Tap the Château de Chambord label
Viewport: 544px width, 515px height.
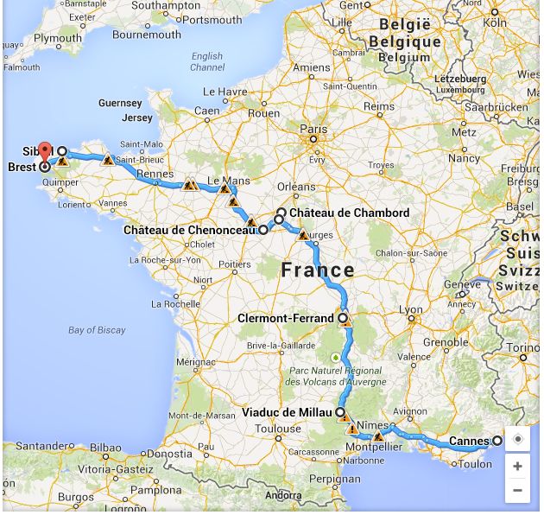click(x=349, y=213)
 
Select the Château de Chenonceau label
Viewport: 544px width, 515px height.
click(x=189, y=231)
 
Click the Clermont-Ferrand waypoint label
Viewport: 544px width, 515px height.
click(x=285, y=319)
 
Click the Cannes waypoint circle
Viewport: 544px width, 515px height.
click(x=497, y=442)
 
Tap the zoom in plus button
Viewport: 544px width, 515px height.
click(x=517, y=467)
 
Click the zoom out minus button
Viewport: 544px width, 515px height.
click(x=517, y=490)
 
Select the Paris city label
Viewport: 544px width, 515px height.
click(x=313, y=129)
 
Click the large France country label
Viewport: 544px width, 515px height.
click(x=318, y=270)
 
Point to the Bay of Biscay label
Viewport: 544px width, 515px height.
click(x=97, y=330)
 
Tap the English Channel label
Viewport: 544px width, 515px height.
click(x=207, y=62)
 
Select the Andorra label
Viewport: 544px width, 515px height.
click(x=283, y=496)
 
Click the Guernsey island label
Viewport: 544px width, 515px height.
click(x=120, y=104)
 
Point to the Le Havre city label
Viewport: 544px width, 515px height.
click(x=225, y=92)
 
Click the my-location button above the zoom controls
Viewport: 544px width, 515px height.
click(x=517, y=439)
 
